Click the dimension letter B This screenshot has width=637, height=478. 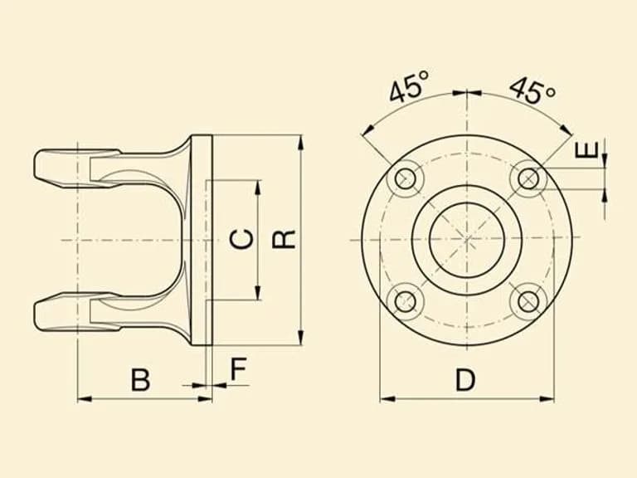140,379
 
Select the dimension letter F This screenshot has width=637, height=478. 239,368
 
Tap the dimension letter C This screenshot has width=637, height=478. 241,239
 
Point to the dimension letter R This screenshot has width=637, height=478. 284,239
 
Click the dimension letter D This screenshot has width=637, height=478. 464,379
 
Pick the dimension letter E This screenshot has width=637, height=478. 587,149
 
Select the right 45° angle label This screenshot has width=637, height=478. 532,90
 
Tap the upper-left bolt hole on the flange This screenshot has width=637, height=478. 406,178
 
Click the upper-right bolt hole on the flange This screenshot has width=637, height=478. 528,178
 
